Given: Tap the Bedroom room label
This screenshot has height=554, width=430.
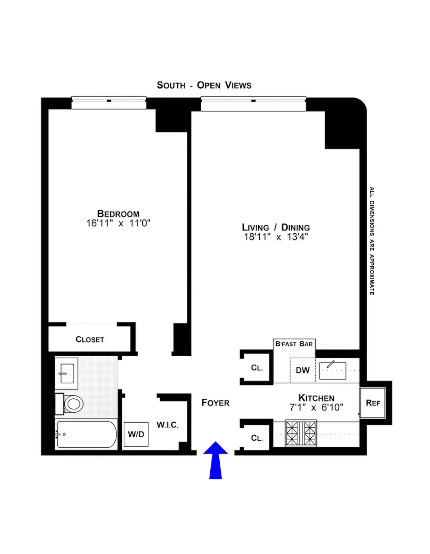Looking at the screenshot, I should [x=118, y=214].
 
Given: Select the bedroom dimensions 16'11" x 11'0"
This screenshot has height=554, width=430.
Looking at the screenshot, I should [x=118, y=223].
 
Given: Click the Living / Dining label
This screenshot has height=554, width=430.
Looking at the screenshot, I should [x=276, y=227].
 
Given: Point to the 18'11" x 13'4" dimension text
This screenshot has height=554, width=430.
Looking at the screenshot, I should [x=276, y=237].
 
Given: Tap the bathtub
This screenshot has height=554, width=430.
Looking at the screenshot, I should [x=86, y=434].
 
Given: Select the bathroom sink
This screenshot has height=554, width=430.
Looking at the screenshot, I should [x=66, y=373].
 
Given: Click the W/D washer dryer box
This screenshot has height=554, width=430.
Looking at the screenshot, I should [x=136, y=434].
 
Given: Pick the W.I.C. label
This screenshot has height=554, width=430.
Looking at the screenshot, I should [x=167, y=425].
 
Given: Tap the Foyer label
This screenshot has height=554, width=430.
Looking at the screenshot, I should [x=215, y=403].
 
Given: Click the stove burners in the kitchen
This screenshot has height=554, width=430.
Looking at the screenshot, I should [x=301, y=433].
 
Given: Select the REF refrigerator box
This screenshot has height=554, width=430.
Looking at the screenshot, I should [x=373, y=403].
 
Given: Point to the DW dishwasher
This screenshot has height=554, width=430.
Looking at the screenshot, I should [x=302, y=370].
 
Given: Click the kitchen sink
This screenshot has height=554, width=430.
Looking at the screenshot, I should [x=333, y=370].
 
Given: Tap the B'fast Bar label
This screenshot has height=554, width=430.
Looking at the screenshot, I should [x=294, y=344].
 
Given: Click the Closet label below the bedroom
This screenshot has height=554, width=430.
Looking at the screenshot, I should [x=90, y=339].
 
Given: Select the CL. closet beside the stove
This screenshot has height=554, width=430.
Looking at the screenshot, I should [x=257, y=438].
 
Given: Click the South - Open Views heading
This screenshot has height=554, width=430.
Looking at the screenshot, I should [x=204, y=85].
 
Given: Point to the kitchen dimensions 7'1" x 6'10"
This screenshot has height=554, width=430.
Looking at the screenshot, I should [x=316, y=407].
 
